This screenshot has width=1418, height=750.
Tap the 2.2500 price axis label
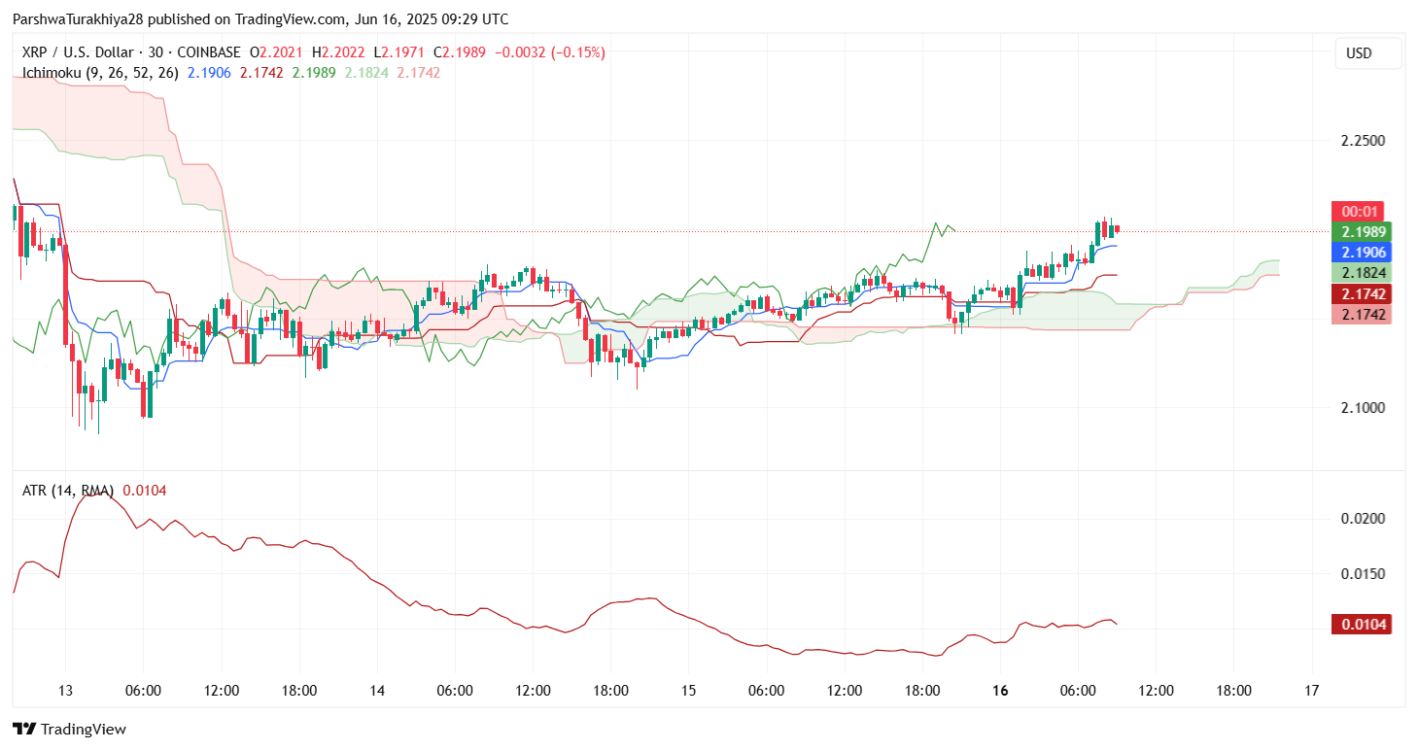pyautogui.click(x=1363, y=141)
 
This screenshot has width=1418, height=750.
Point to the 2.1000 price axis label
pyautogui.click(x=1363, y=408)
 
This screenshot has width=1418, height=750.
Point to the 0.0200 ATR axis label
pyautogui.click(x=1363, y=519)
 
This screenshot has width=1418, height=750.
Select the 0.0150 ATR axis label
pyautogui.click(x=1363, y=574)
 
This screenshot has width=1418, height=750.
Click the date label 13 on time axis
pyautogui.click(x=65, y=691)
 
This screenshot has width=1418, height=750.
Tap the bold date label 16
pyautogui.click(x=1000, y=691)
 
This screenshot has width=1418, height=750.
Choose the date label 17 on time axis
pyautogui.click(x=1312, y=691)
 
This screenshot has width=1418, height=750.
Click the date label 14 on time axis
pyautogui.click(x=377, y=691)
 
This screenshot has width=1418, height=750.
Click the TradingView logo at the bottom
pyautogui.click(x=70, y=730)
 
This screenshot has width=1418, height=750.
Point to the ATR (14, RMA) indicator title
pyautogui.click(x=68, y=491)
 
